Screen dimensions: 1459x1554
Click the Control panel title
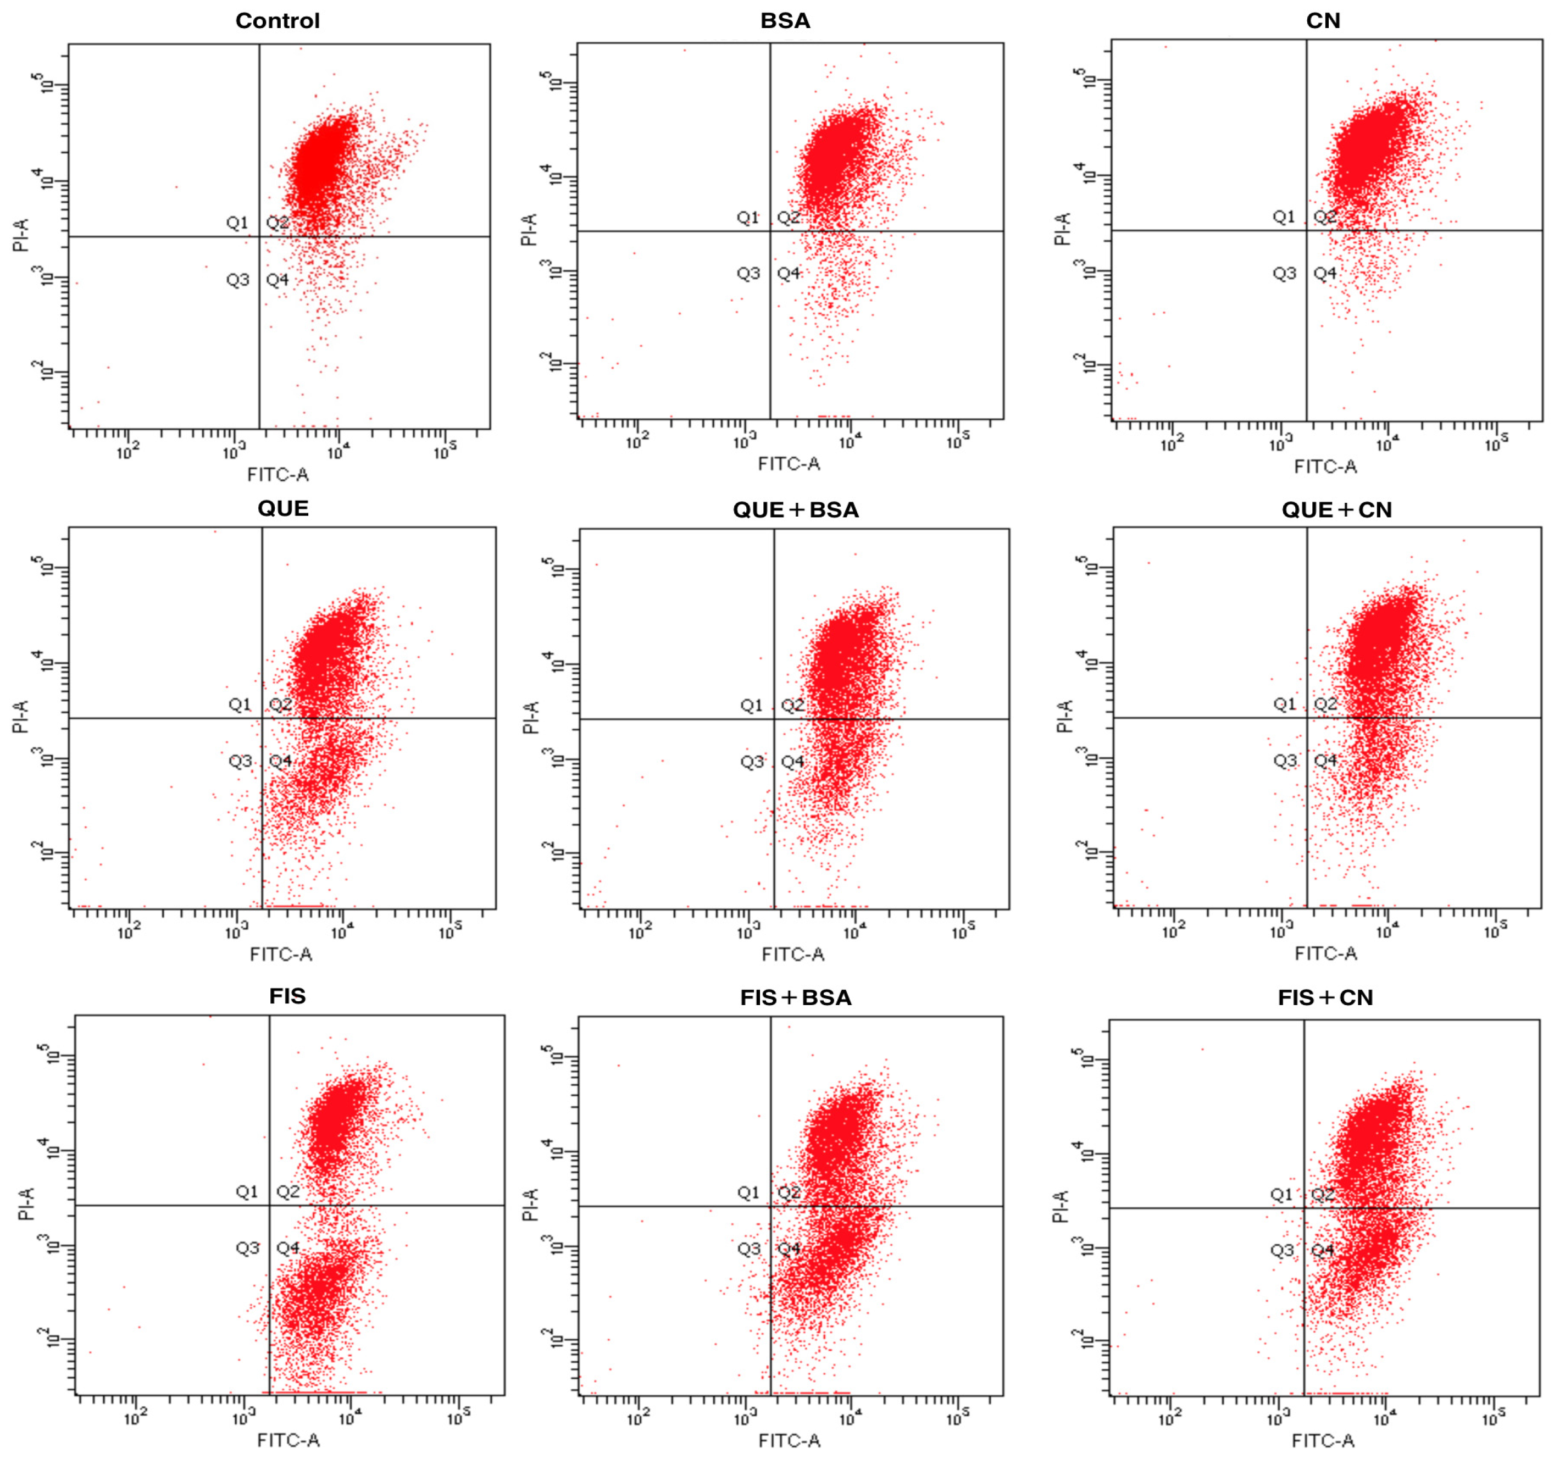pos(277,21)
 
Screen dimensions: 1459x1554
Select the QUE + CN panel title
pos(1337,510)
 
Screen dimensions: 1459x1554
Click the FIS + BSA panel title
pos(796,998)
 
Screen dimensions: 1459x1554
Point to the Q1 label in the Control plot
pos(237,223)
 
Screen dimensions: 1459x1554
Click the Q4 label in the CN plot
pos(1325,274)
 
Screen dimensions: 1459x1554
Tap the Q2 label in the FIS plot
pos(287,1191)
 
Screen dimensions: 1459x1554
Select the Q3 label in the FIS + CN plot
pos(1282,1250)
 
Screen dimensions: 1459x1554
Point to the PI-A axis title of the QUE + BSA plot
pos(531,718)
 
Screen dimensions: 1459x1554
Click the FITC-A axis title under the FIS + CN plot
pos(1323,1440)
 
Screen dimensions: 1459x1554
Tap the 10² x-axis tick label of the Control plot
pos(128,451)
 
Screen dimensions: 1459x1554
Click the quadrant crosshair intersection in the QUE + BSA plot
pos(774,719)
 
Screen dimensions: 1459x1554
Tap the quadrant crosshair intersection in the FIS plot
pos(269,1206)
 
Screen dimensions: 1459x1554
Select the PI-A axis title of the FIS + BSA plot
pos(531,1205)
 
